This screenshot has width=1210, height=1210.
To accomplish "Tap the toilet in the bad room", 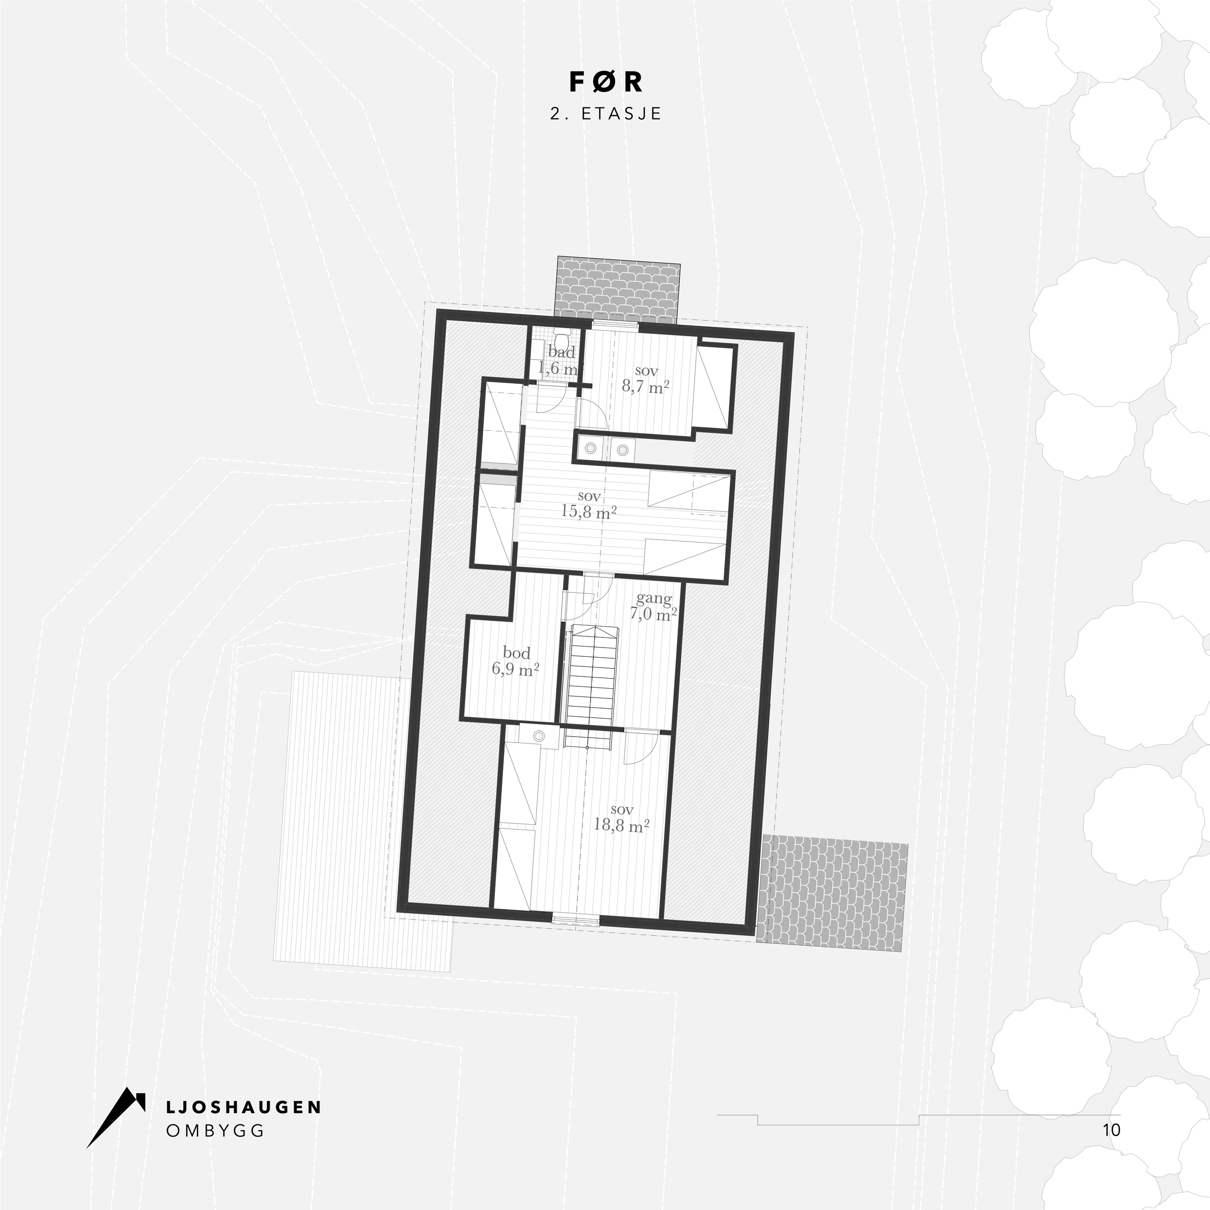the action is point(563,341).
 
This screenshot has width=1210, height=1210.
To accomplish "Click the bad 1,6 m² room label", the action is point(560,360).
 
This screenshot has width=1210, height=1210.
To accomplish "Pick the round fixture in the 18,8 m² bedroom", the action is point(539,736).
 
